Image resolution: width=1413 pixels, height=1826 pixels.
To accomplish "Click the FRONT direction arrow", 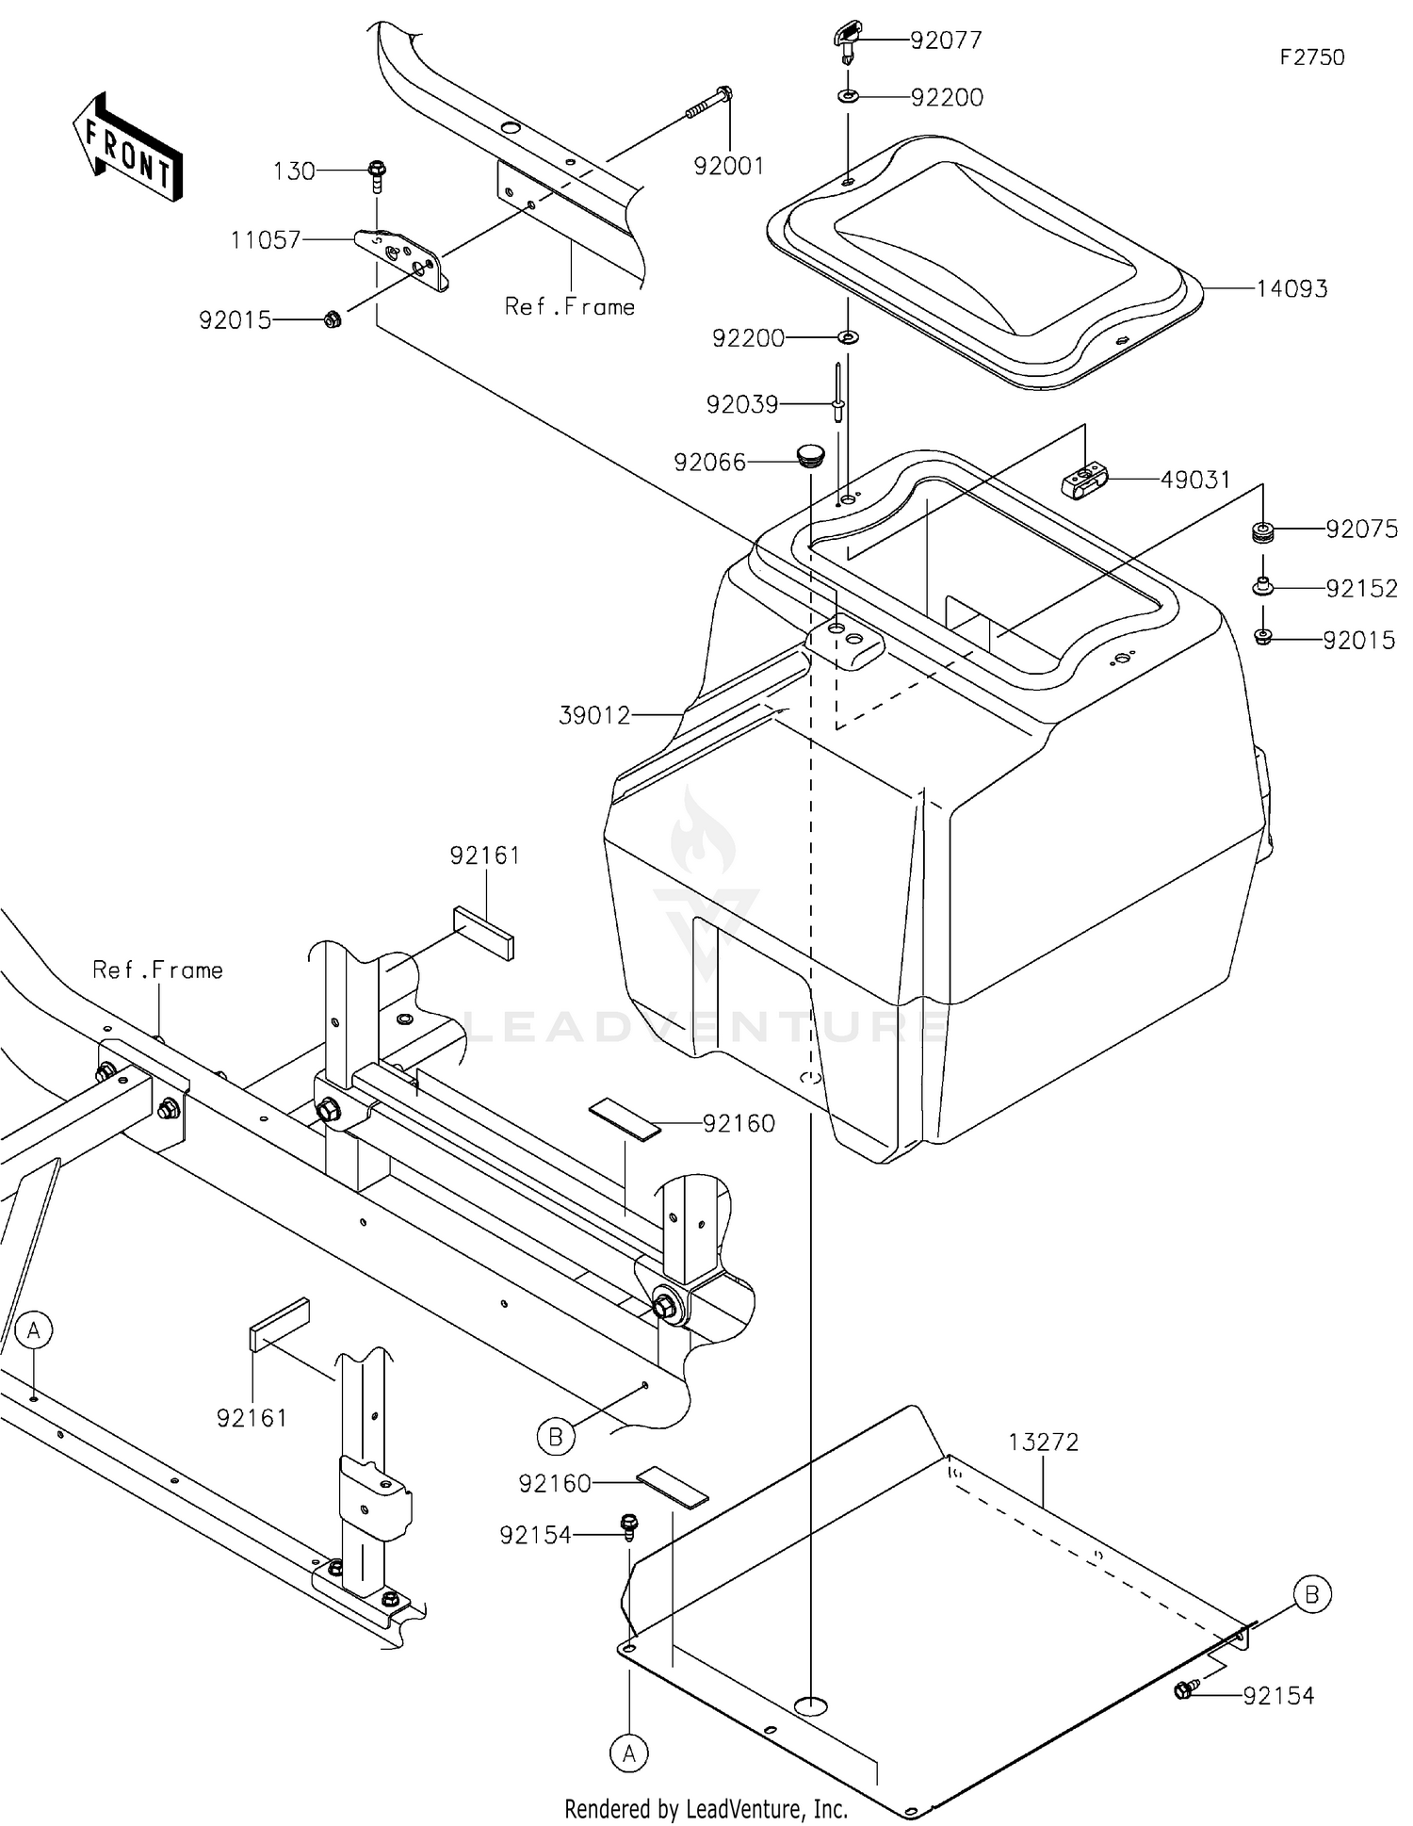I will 128,147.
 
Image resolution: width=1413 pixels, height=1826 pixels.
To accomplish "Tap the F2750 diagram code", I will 1311,57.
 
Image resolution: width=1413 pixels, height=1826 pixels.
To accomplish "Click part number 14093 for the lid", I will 1291,288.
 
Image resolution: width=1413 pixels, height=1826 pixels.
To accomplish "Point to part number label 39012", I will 594,715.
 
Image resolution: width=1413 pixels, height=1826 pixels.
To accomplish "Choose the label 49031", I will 1194,480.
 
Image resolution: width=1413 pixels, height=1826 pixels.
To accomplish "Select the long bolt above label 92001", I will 710,104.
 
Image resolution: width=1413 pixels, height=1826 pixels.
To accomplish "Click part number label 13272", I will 1043,1442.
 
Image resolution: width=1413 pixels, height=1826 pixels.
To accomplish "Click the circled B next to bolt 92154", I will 1311,1595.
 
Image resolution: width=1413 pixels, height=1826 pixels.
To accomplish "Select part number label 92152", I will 1361,588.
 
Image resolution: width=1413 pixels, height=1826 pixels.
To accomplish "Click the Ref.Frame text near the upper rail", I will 570,306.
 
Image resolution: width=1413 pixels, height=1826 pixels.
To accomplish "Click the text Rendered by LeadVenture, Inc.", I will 706,1808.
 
